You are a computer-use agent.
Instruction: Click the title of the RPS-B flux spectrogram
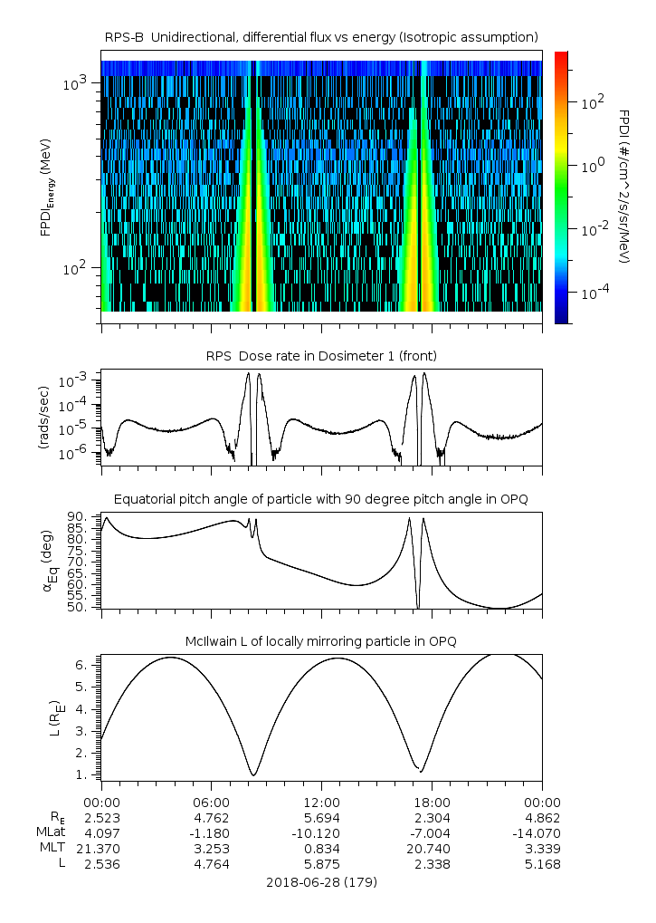coord(321,36)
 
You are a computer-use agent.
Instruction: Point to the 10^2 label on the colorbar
coord(593,103)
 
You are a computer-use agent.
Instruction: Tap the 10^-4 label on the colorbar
coord(593,293)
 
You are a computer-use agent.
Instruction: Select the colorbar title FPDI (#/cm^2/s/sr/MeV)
coord(624,187)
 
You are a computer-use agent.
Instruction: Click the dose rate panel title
coord(321,355)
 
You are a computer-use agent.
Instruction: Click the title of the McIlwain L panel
coord(321,641)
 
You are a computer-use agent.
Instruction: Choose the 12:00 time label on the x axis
coord(321,802)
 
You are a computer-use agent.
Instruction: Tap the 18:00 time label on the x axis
coord(432,802)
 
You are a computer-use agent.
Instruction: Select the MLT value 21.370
coord(101,848)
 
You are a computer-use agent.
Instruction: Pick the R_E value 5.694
coord(321,817)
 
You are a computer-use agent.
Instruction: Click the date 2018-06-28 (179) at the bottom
coord(321,881)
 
